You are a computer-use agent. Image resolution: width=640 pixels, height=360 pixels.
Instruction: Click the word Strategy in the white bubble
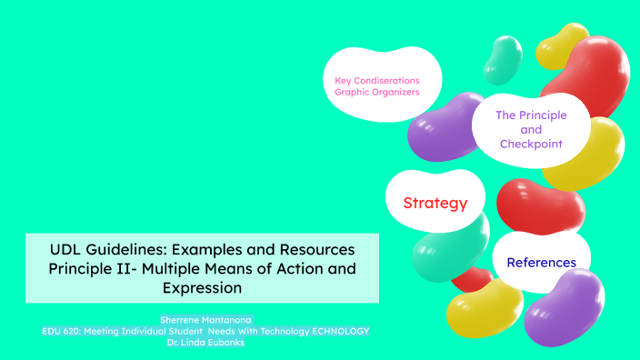435,203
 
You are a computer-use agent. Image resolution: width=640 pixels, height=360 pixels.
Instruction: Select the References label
541,263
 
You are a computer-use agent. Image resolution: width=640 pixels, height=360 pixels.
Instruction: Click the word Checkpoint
531,144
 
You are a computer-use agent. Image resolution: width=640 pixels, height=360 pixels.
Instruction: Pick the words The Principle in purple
531,115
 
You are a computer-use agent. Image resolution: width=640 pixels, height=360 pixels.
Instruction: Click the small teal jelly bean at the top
502,58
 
